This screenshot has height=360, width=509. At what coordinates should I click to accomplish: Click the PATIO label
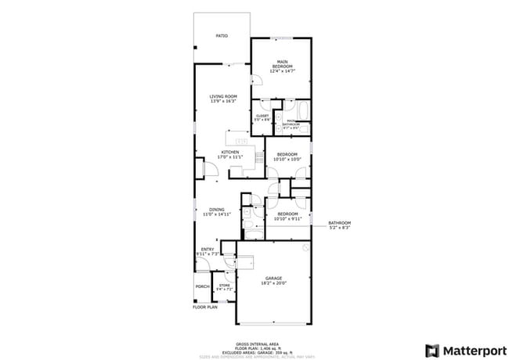pos(222,36)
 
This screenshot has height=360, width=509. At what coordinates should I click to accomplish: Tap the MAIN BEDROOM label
pos(282,64)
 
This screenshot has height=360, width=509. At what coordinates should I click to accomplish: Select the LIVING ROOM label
pos(223,96)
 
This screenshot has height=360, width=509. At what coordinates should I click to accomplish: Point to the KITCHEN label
pos(230,152)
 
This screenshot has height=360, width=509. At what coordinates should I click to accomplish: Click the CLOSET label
pos(262,116)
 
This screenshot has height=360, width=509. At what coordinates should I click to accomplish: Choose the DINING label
pos(217,209)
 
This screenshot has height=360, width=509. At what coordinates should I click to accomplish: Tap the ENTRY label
pos(208,249)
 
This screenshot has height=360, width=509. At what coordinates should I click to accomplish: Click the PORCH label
pos(202,286)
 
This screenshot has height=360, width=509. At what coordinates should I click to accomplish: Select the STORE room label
pos(225,285)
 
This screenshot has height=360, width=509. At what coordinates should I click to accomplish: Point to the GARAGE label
pos(273,278)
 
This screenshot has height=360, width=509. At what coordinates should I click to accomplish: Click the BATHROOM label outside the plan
pos(339,223)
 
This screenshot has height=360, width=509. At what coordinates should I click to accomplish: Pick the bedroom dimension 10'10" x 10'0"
pos(287,159)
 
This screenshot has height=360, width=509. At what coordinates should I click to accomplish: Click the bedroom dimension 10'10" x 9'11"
pos(287,218)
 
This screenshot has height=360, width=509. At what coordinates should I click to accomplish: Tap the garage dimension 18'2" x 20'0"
pos(273,283)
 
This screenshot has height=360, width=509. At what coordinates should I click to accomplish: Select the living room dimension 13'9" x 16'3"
pos(223,101)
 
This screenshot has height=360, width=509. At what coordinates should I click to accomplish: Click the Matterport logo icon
pos(431,349)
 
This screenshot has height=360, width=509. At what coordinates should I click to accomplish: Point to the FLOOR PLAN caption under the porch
pos(204,307)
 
